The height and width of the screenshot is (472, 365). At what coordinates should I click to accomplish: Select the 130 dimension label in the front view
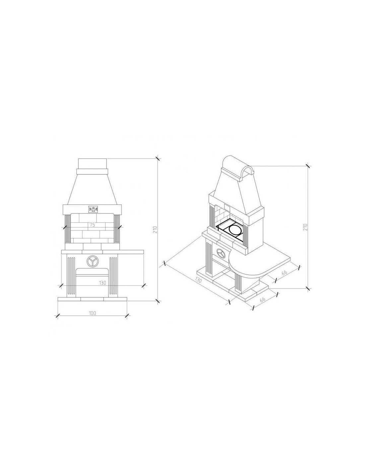(103, 283)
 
